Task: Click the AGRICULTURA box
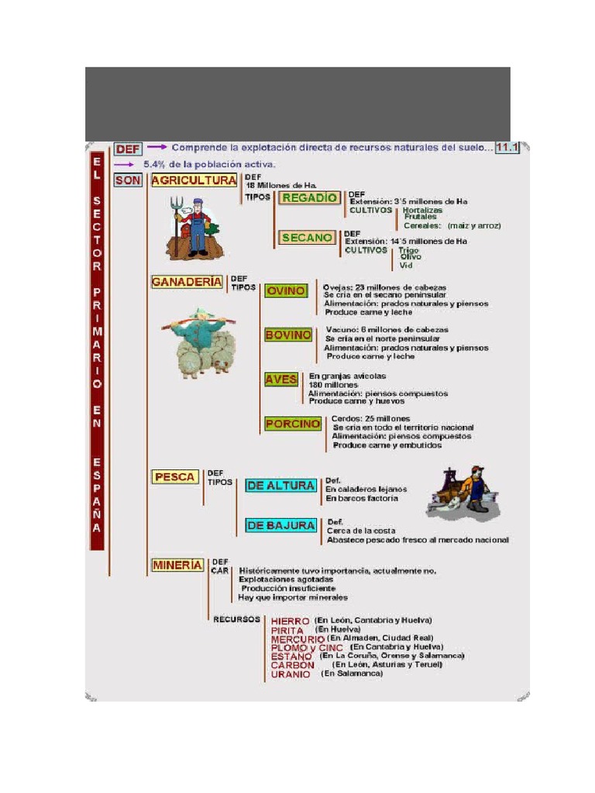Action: (194, 181)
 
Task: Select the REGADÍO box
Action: (309, 198)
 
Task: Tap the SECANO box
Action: (307, 238)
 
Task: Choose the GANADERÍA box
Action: (187, 283)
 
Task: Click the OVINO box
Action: (286, 291)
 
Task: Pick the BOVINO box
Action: (288, 335)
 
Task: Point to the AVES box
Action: (281, 379)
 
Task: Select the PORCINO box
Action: (293, 424)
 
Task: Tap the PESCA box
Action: (174, 477)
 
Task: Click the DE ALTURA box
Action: (280, 486)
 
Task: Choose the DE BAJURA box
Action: (280, 525)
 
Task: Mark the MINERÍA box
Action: (177, 565)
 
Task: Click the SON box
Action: (128, 180)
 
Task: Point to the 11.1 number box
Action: (507, 147)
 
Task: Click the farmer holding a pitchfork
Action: (192, 228)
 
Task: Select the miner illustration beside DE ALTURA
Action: (464, 493)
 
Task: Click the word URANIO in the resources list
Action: (291, 675)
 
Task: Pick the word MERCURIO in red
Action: (298, 640)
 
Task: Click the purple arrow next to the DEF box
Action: (157, 146)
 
